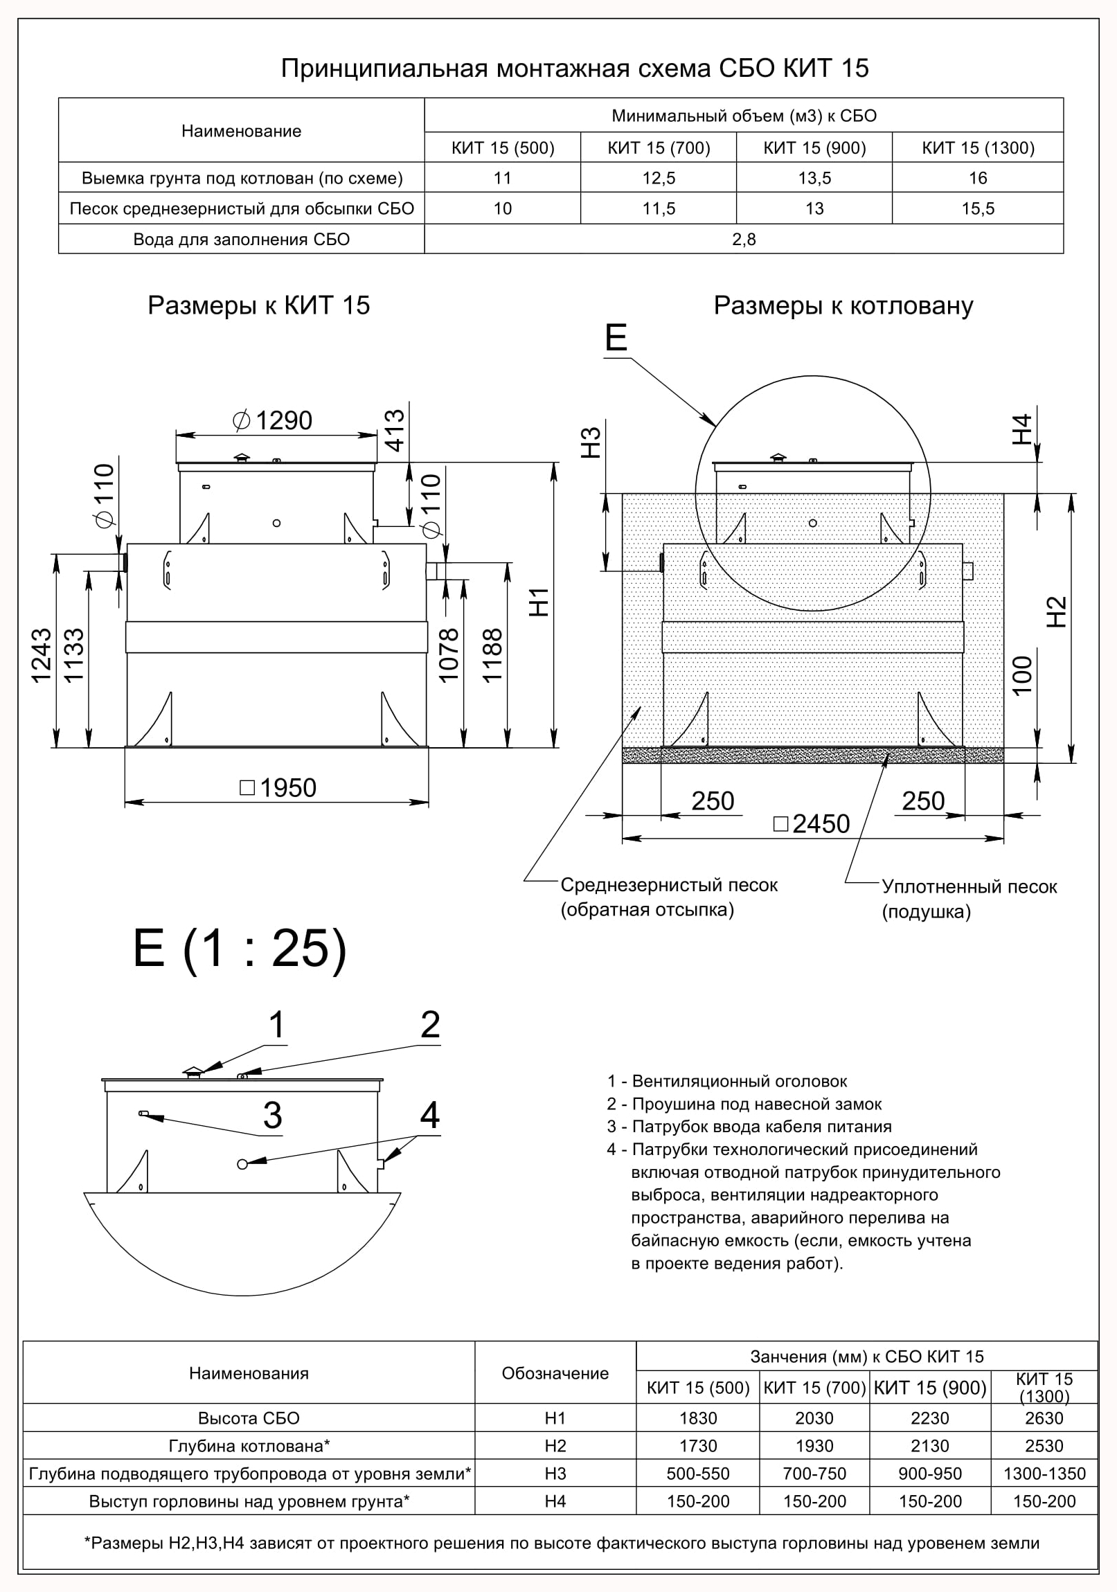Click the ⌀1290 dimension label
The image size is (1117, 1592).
[x=273, y=420]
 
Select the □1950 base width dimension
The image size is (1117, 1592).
[x=278, y=787]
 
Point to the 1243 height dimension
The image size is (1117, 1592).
[x=42, y=655]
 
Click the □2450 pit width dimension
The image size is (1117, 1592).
[x=811, y=824]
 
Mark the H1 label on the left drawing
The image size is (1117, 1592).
[x=539, y=602]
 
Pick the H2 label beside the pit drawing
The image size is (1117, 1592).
[x=1055, y=611]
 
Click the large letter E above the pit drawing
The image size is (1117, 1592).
[x=616, y=338]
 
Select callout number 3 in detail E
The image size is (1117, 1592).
[x=272, y=1115]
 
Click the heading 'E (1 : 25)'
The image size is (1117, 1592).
[x=240, y=949]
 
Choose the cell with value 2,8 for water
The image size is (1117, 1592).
[x=743, y=239]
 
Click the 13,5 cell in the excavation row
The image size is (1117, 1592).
[x=814, y=178]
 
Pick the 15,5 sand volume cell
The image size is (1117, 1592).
[x=978, y=208]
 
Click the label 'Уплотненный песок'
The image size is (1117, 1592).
[x=969, y=887]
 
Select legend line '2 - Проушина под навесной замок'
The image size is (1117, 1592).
[x=744, y=1104]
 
